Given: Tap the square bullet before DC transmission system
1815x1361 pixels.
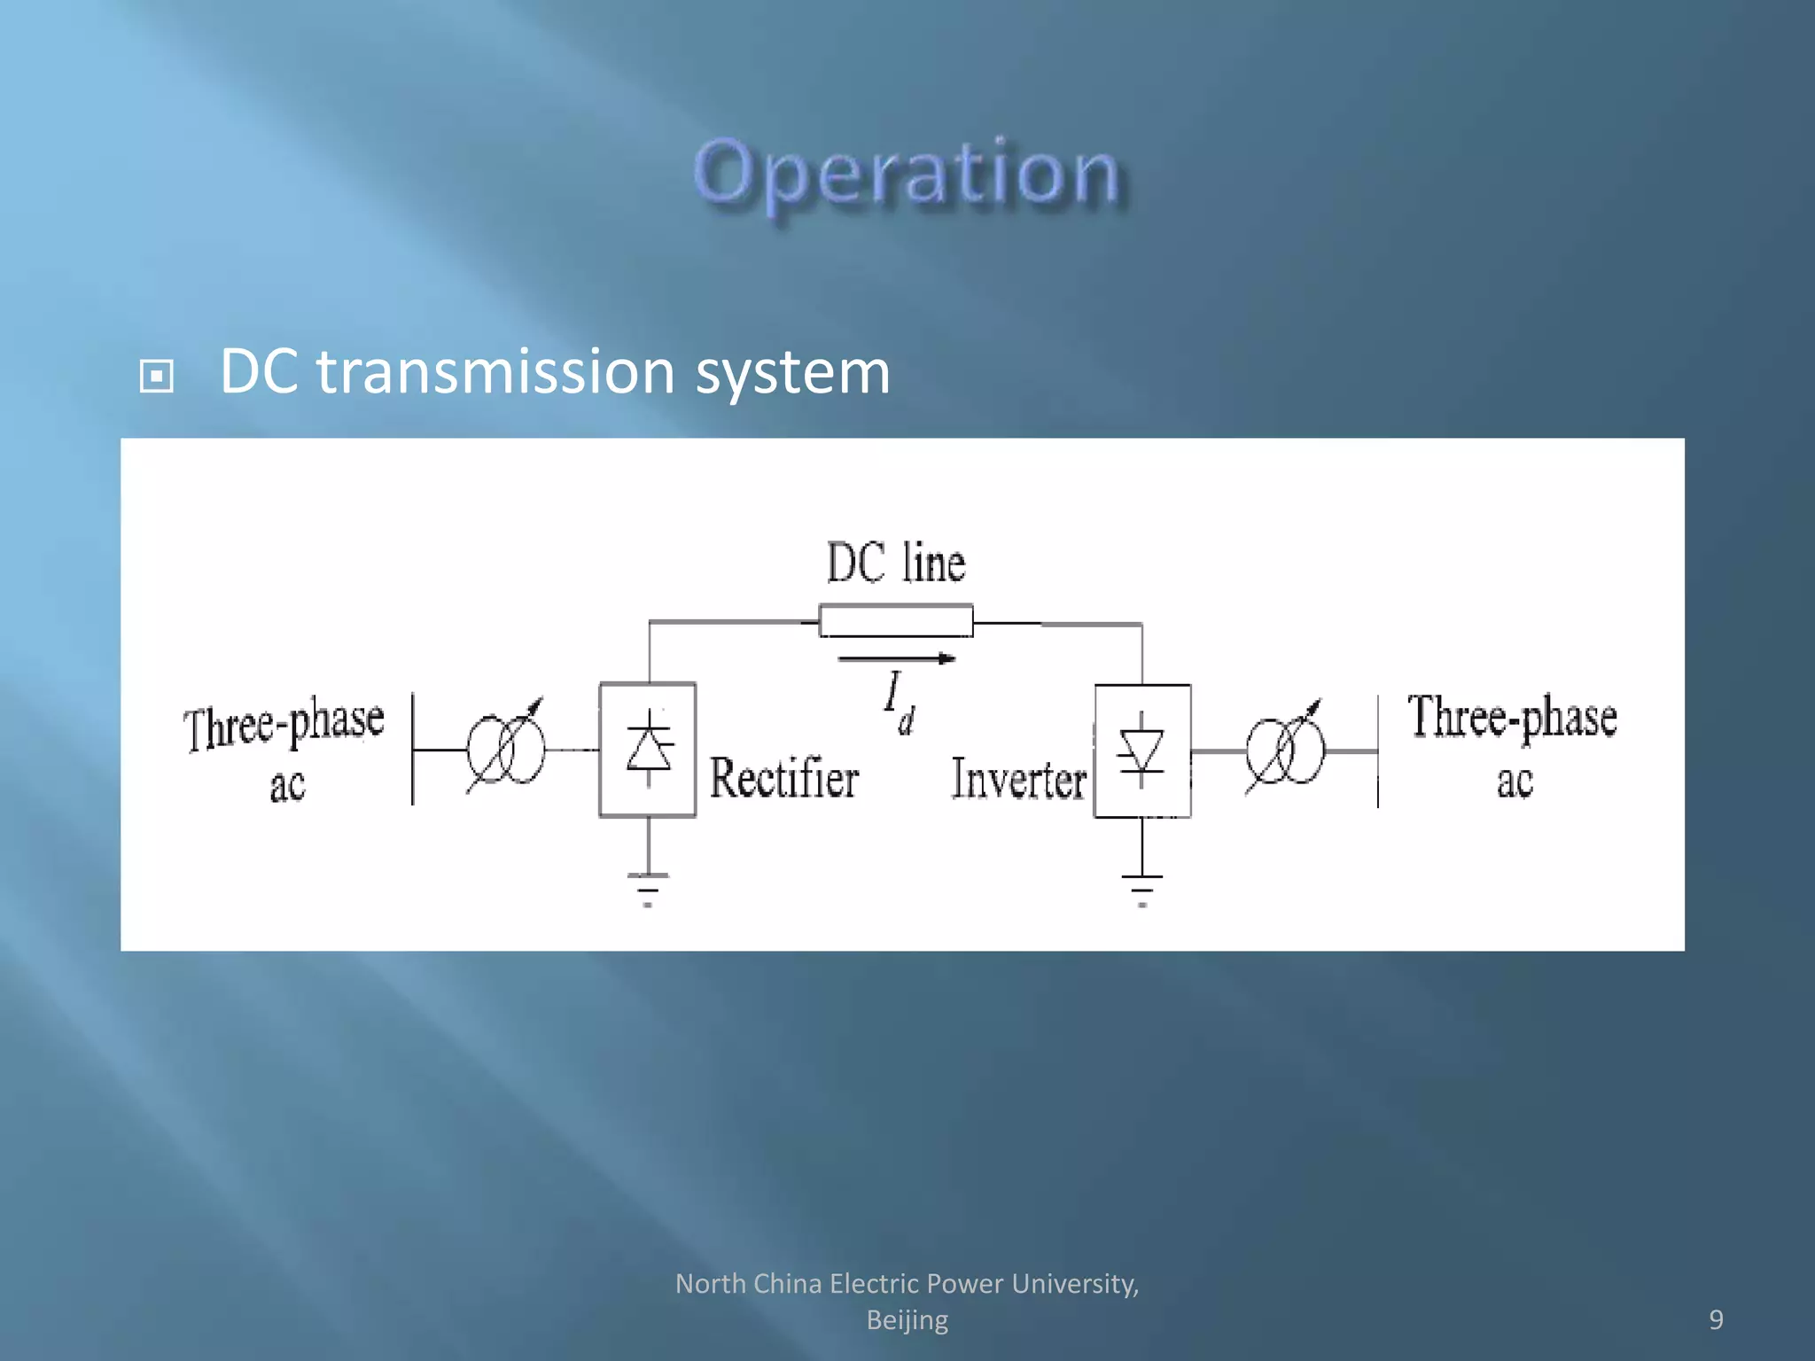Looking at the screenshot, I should tap(157, 376).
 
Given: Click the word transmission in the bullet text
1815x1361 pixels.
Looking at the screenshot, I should tap(495, 371).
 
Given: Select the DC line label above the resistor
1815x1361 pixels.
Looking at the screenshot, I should tap(895, 564).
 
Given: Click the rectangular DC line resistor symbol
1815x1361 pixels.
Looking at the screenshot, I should tap(895, 621).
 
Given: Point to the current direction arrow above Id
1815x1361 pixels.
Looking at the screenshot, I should tap(895, 658).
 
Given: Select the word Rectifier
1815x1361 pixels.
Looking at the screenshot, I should tap(784, 779).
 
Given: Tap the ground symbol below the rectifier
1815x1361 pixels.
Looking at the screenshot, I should tap(648, 889).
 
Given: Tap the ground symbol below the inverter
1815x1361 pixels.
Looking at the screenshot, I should tap(1141, 890).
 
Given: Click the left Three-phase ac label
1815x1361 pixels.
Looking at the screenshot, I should tap(284, 750).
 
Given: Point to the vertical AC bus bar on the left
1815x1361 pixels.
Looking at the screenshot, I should tap(413, 750).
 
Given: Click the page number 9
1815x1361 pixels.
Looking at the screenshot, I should tap(1716, 1319).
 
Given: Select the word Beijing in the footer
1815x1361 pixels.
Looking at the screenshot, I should tap(907, 1320).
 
